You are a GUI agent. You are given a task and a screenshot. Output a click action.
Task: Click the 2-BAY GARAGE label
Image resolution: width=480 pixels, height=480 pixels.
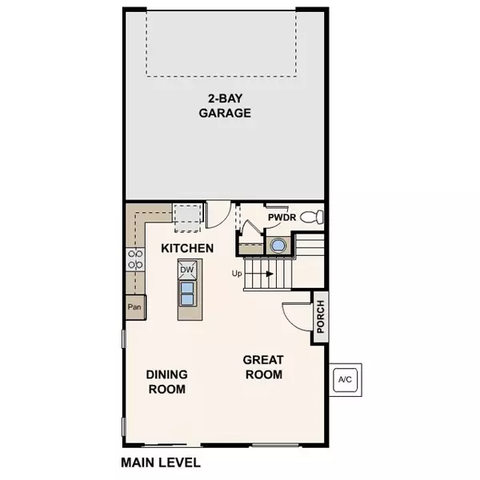[x=225, y=106]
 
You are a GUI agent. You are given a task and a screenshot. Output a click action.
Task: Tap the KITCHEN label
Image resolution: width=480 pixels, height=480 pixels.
[x=187, y=248]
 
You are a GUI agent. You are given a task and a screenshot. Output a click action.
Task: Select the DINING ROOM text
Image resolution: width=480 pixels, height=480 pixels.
[x=167, y=382]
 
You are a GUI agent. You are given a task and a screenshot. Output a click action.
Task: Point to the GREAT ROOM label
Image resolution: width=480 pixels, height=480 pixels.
[x=263, y=367]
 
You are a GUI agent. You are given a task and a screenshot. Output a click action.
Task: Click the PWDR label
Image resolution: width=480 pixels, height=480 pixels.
[x=282, y=218]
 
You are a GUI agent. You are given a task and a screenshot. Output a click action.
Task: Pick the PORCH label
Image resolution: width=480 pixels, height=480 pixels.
[x=320, y=317]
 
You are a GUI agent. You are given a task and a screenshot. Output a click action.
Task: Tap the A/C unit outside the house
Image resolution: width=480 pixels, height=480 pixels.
[x=346, y=380]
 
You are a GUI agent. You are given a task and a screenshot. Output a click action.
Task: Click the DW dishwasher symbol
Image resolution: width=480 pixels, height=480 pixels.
[x=187, y=270]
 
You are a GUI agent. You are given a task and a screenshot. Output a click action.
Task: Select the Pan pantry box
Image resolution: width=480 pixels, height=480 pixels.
[x=135, y=307]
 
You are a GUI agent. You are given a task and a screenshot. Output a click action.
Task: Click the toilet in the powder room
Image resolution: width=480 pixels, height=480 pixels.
[x=312, y=217]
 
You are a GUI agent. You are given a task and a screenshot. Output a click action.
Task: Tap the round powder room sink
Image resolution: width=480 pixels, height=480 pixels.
[x=278, y=246]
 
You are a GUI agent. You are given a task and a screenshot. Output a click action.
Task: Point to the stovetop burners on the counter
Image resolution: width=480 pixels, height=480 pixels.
[x=135, y=259]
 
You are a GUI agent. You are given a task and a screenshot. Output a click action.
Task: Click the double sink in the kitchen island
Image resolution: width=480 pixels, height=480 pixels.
[x=187, y=294]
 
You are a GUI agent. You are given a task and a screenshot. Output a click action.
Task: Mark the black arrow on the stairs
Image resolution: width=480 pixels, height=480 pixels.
[x=270, y=274]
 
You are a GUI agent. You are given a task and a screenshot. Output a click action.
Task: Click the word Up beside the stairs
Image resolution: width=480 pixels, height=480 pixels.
[x=237, y=274]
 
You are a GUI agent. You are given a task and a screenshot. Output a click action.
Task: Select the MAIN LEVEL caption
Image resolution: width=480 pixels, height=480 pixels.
[x=161, y=462]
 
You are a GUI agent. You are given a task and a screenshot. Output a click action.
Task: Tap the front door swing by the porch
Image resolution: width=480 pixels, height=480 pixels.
[x=296, y=318]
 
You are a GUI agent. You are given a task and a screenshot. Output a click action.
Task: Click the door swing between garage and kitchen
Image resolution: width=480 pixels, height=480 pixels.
[x=218, y=214]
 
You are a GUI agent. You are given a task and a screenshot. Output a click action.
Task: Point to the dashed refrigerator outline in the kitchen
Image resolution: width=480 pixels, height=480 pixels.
[x=187, y=218]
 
